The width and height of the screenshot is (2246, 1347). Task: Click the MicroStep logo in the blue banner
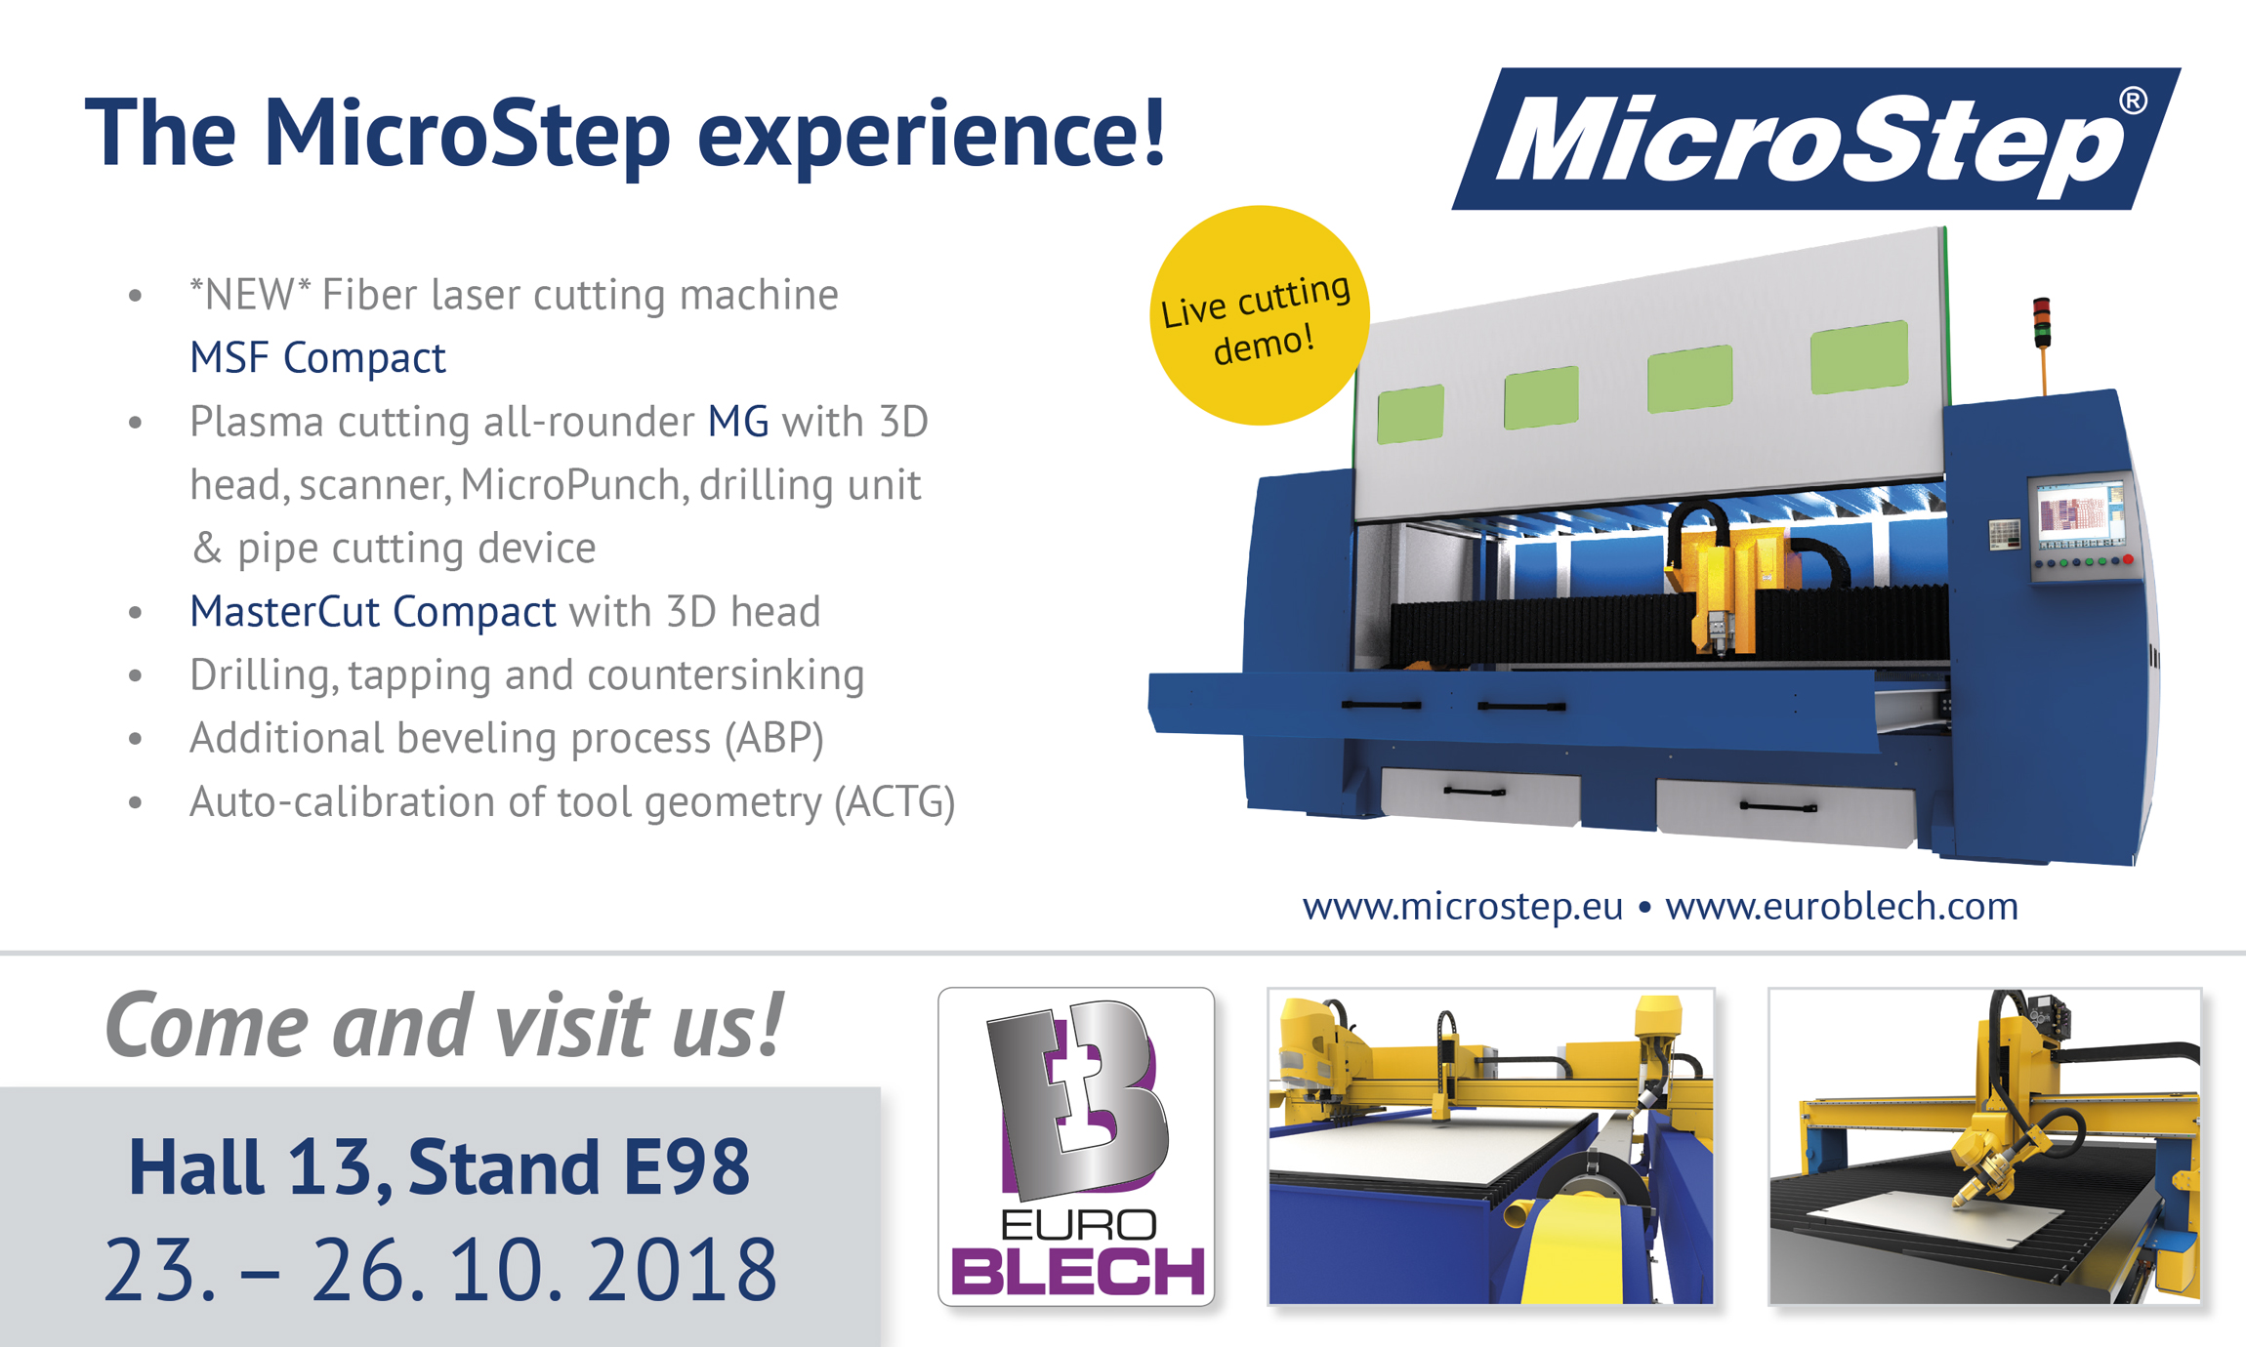(1816, 139)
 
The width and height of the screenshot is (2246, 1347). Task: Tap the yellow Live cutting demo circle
(1259, 315)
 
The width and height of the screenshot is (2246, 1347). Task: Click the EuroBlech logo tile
(1076, 1146)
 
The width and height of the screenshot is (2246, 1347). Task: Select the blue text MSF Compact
(317, 357)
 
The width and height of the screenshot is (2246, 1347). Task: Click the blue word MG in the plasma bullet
(738, 422)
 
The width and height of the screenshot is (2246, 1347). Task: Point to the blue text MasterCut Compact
(373, 612)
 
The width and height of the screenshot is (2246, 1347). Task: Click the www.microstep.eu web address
(1462, 906)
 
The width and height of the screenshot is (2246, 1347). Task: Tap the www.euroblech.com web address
(1842, 906)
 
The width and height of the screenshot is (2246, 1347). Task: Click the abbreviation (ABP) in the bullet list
(774, 739)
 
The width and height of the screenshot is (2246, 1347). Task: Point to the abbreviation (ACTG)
(894, 802)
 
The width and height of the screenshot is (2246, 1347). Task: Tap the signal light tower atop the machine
(2042, 323)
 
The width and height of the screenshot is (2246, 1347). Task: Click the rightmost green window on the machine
(1859, 357)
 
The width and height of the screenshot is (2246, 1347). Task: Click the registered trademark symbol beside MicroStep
(2133, 102)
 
